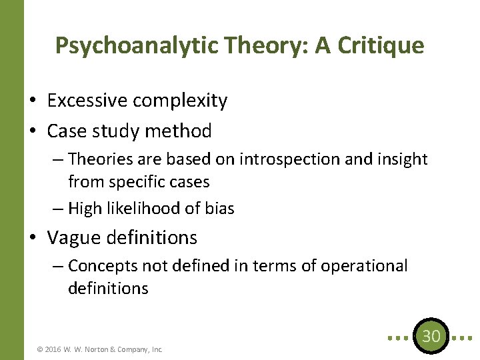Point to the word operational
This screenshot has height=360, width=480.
[364, 266]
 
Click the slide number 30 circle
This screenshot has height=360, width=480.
[431, 336]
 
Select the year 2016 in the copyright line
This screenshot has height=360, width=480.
[54, 349]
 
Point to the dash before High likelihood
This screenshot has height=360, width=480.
[57, 209]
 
